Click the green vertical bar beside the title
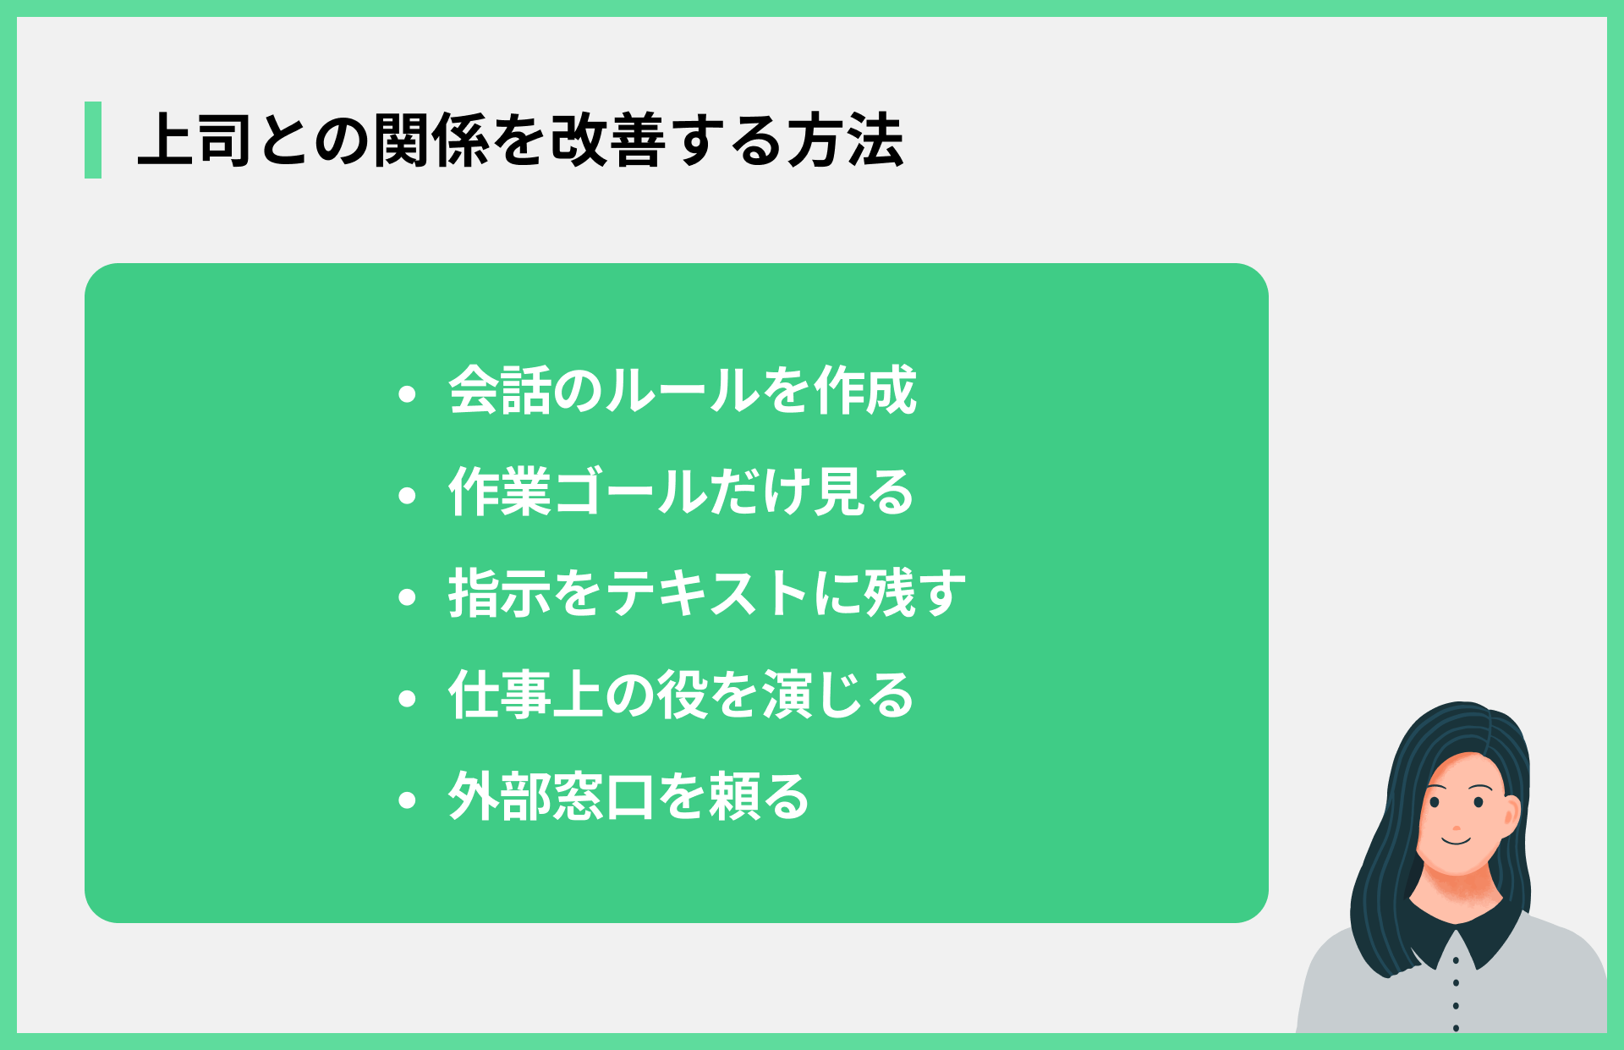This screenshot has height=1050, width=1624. (x=93, y=140)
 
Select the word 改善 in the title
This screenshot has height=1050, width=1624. (x=607, y=140)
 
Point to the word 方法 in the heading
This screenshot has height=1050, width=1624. (x=846, y=140)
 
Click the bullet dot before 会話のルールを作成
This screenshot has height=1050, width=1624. (x=408, y=394)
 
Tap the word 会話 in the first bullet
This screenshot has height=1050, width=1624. (x=499, y=391)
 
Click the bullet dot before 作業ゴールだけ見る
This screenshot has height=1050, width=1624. (x=408, y=496)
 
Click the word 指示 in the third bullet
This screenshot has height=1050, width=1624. (x=499, y=593)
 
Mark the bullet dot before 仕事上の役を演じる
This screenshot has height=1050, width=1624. (x=408, y=699)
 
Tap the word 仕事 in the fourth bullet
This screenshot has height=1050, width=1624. (x=499, y=695)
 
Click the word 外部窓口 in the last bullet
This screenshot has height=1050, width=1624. (x=551, y=796)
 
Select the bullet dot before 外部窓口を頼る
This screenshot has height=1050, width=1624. (x=408, y=800)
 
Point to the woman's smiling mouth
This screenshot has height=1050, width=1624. (x=1457, y=842)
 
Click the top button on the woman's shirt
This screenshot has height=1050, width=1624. (x=1456, y=961)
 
